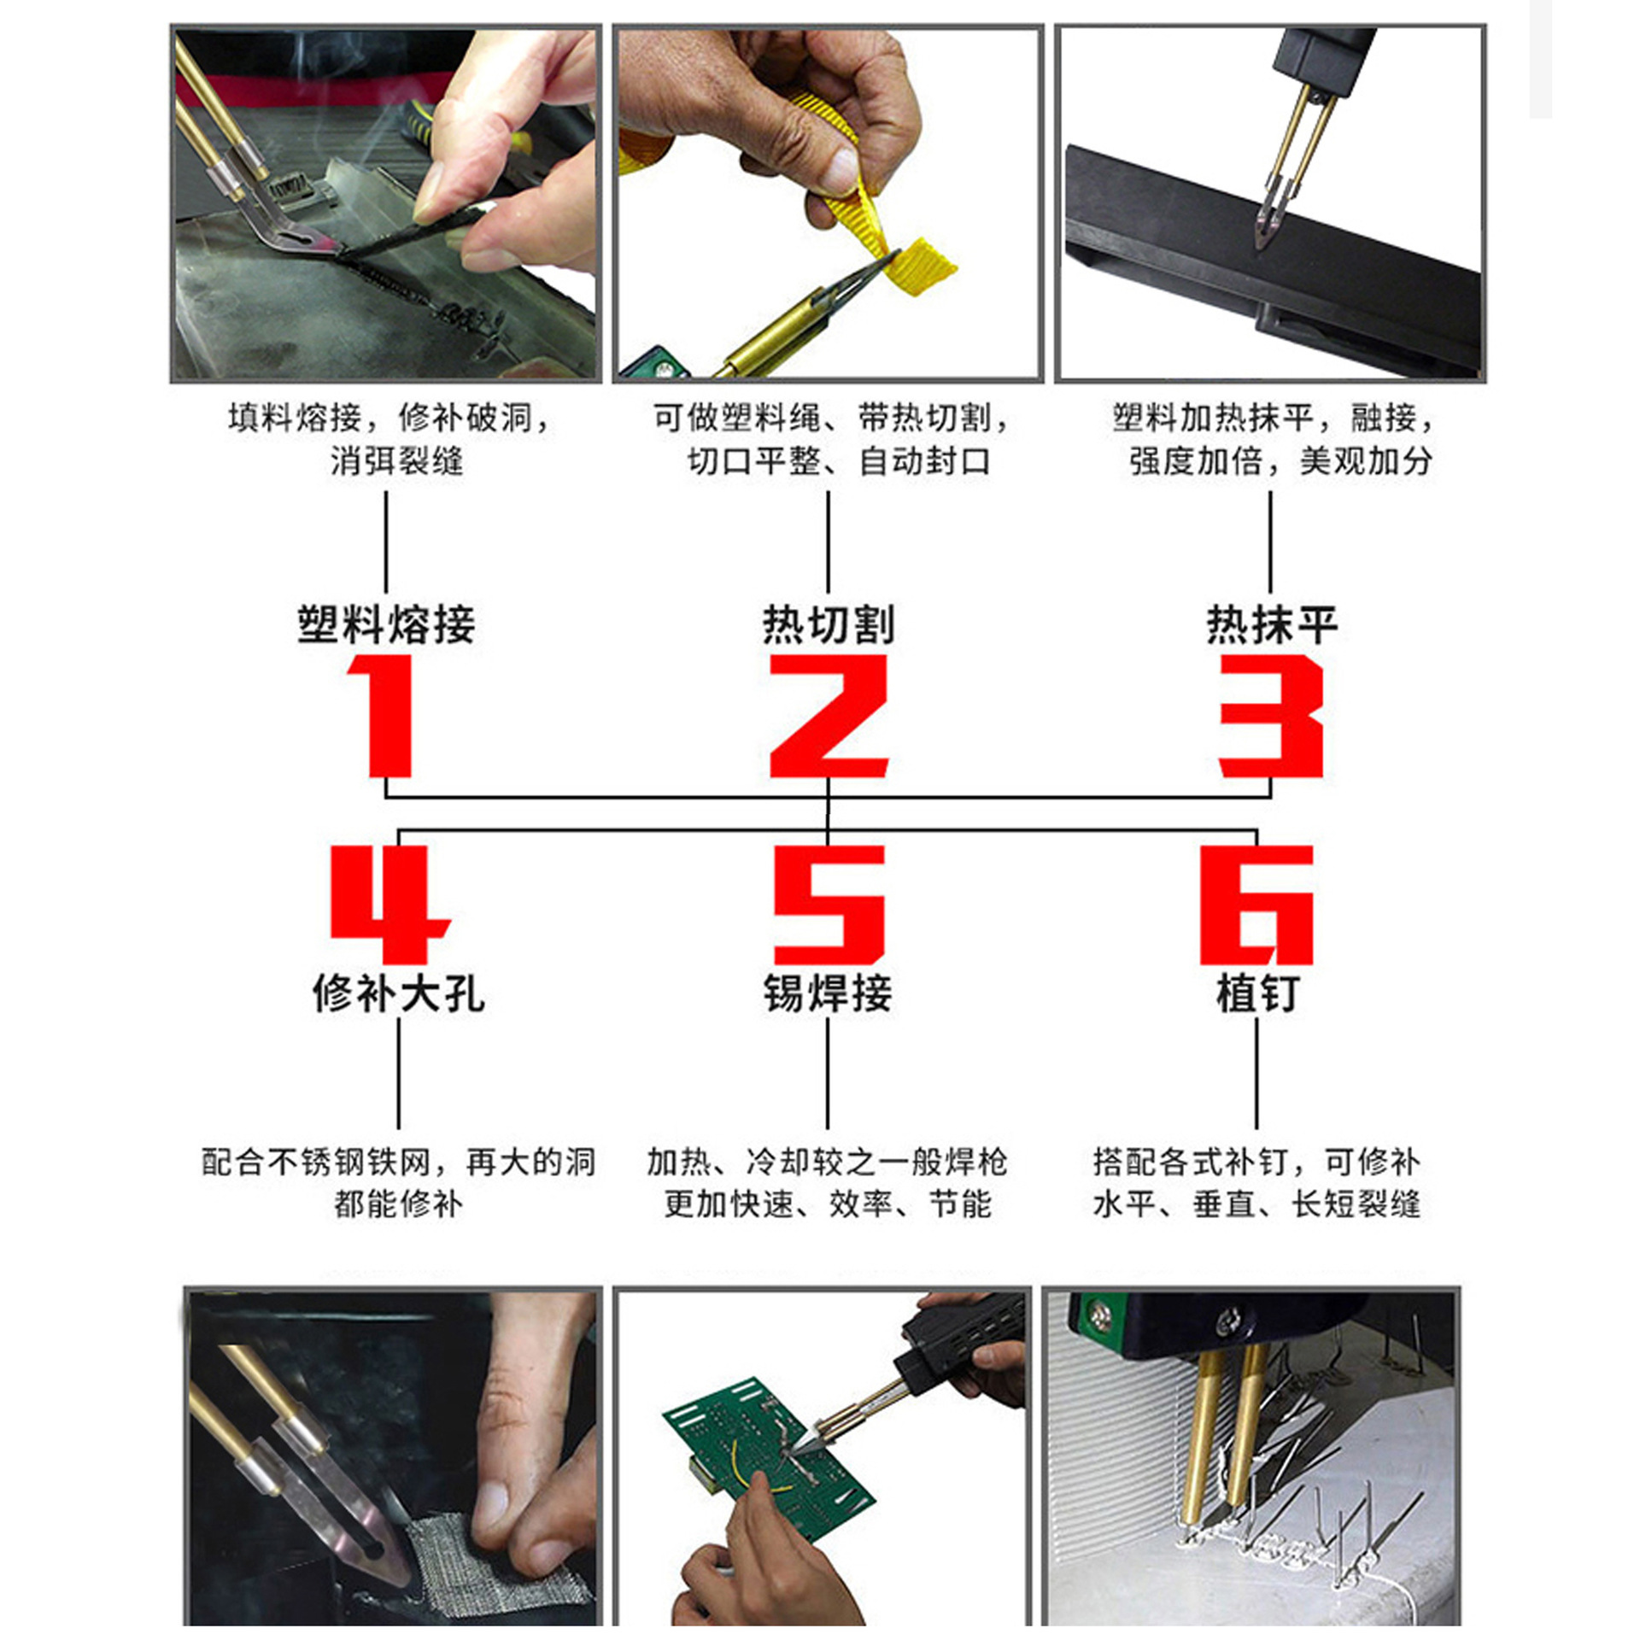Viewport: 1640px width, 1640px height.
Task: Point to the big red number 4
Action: tap(389, 905)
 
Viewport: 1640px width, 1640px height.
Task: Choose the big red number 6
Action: tap(1256, 905)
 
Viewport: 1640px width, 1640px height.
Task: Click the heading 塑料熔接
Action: tap(386, 624)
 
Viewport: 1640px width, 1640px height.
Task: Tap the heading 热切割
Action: tap(828, 624)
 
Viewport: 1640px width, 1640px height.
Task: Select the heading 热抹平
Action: tap(1271, 624)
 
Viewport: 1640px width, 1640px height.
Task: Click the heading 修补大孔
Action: tap(398, 993)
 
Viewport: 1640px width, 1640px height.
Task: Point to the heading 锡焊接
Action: tap(827, 993)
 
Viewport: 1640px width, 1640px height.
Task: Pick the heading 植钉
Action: tap(1256, 993)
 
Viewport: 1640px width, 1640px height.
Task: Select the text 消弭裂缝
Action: tap(397, 462)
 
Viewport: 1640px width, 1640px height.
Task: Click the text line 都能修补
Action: tap(398, 1204)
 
